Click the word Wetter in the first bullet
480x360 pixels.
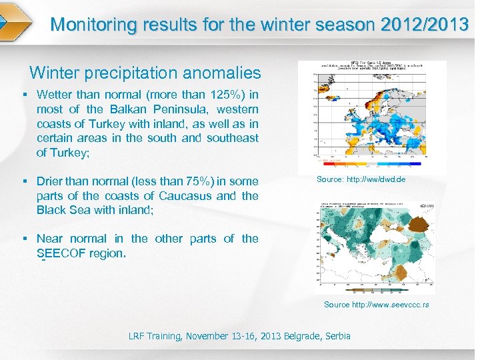pos(57,95)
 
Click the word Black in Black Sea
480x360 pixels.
pos(52,210)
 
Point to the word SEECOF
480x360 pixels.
pos(61,253)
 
